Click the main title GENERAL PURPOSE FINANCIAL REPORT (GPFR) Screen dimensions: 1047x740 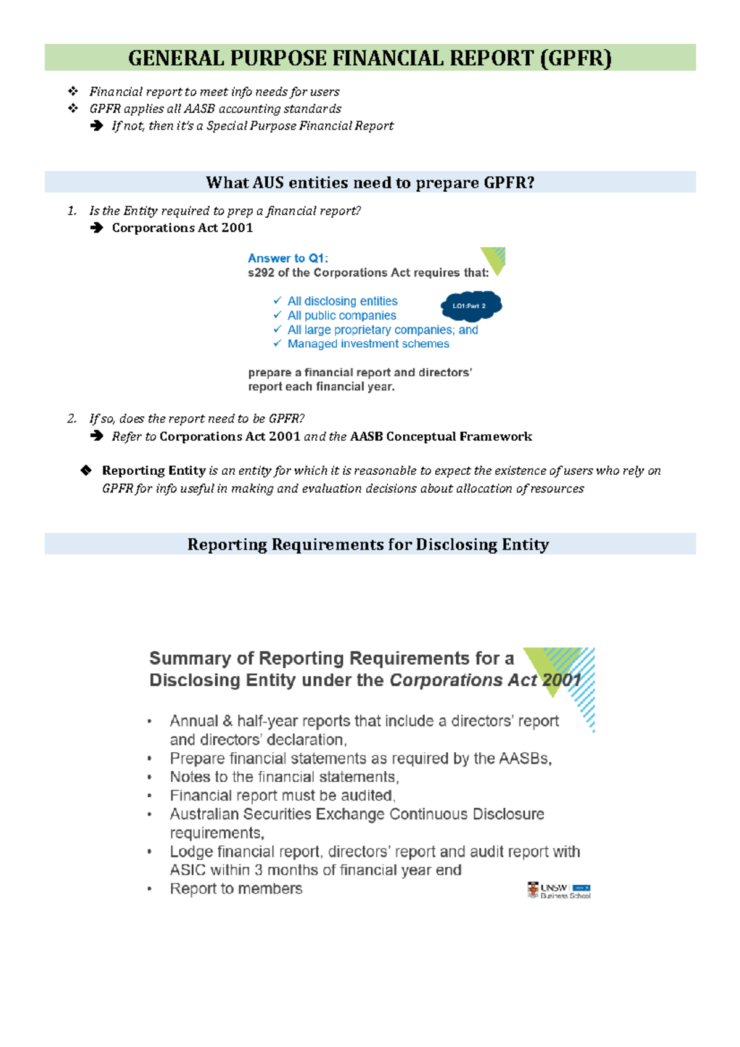370,58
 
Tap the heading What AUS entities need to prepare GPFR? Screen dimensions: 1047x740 370,183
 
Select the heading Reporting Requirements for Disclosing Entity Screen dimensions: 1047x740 368,544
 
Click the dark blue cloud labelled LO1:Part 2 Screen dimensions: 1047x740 471,306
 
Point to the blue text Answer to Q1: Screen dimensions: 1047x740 288,258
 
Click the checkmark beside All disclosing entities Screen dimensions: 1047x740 277,300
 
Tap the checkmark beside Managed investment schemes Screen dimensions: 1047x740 277,343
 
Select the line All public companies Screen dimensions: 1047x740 342,315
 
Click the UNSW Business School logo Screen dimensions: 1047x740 559,890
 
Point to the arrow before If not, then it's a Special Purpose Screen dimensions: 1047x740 96,126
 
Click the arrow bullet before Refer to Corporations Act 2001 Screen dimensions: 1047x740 96,436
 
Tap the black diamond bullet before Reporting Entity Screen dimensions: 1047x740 86,470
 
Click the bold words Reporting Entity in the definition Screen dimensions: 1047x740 154,470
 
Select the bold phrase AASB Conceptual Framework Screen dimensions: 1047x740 441,437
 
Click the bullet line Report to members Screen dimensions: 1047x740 236,889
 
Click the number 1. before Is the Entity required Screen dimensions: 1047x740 72,211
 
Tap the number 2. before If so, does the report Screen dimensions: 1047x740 72,419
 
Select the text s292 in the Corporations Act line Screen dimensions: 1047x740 261,273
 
